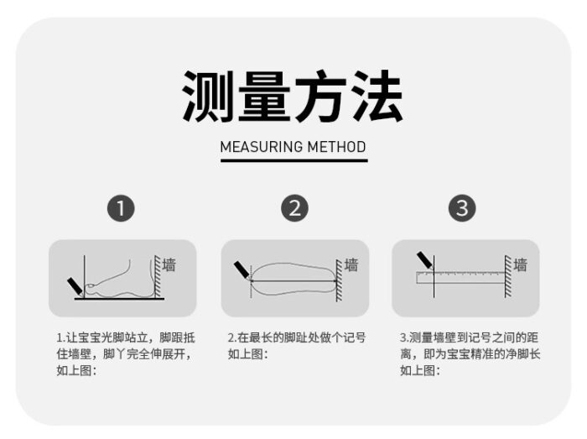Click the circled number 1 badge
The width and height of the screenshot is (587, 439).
click(x=121, y=208)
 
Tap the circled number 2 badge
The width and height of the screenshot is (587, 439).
click(x=294, y=208)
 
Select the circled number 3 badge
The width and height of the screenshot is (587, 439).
click(x=462, y=208)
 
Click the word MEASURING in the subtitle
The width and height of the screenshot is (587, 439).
click(x=262, y=147)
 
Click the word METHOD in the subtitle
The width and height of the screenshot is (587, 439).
click(x=336, y=147)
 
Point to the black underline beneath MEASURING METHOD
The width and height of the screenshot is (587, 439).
click(x=293, y=160)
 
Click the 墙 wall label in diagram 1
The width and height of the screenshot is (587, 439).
click(x=169, y=264)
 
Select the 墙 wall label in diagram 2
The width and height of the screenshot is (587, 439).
click(x=351, y=264)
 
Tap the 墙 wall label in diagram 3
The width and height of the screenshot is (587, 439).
click(x=521, y=264)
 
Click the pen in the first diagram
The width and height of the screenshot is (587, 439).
click(x=75, y=287)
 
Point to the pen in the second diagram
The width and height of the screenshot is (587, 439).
click(x=242, y=270)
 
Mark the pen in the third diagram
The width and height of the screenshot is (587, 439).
click(x=425, y=261)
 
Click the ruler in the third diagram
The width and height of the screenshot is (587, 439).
click(x=460, y=277)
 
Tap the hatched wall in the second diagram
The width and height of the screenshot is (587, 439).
click(x=339, y=280)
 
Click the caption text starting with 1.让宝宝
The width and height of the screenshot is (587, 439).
click(x=126, y=354)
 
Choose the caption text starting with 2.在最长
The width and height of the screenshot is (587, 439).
click(x=297, y=346)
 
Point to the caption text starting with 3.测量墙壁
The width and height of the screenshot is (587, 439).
click(x=470, y=354)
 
